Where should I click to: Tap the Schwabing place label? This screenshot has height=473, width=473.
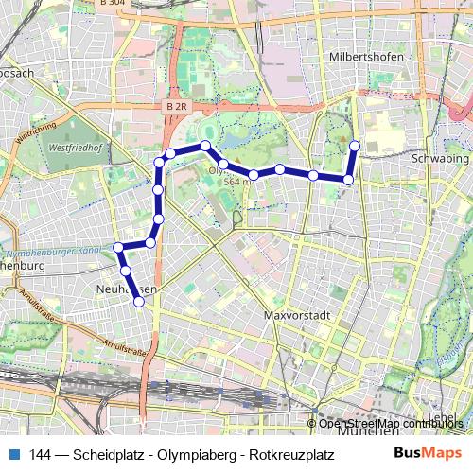(440, 160)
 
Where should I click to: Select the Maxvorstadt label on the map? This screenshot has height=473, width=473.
(294, 315)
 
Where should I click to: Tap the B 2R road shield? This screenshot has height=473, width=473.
(175, 107)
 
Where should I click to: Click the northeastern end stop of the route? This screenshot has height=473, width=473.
(356, 145)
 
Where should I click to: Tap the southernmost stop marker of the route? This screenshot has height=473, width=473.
(139, 302)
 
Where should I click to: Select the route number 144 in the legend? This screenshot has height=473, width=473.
(41, 453)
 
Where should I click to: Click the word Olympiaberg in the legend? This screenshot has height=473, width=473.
(192, 453)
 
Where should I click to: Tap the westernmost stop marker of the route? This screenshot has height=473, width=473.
(118, 248)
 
